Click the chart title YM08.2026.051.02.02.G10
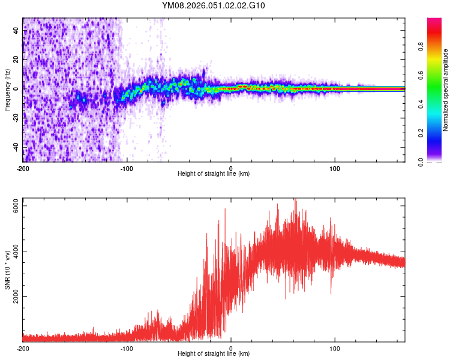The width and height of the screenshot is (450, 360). pyautogui.click(x=214, y=6)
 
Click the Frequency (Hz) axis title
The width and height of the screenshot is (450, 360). pyautogui.click(x=7, y=89)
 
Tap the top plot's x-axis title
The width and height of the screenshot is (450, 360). pyautogui.click(x=214, y=173)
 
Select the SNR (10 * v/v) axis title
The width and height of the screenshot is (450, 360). pyautogui.click(x=7, y=269)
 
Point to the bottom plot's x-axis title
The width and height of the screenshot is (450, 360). pyautogui.click(x=214, y=353)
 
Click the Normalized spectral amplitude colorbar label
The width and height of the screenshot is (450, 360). pyautogui.click(x=446, y=89)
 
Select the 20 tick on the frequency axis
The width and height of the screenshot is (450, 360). pyautogui.click(x=16, y=60)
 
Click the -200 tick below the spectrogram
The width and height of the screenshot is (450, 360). pyautogui.click(x=23, y=167)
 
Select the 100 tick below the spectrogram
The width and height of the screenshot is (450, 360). pyautogui.click(x=335, y=167)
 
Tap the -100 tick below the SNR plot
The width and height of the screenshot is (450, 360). pyautogui.click(x=127, y=348)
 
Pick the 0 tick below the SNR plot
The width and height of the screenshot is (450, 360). pyautogui.click(x=231, y=348)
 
